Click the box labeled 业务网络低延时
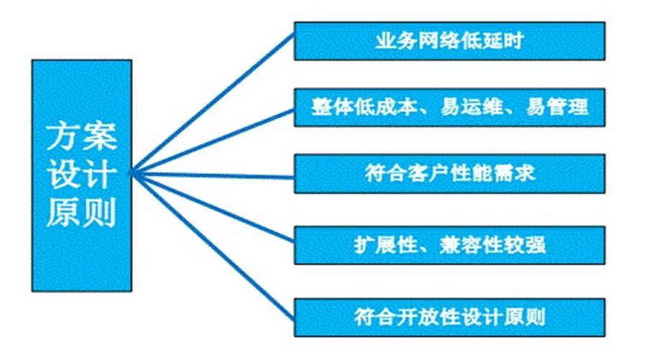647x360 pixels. point(449,41)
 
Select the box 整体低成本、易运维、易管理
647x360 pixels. point(449,108)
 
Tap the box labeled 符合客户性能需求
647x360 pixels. point(449,174)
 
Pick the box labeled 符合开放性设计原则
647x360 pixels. point(449,315)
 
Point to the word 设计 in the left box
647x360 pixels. point(81,175)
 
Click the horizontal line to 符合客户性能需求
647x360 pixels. point(216,173)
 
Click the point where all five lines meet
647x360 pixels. point(132,172)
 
